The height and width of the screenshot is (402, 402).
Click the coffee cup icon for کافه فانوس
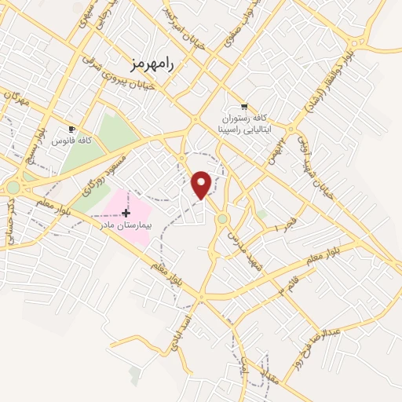click(x=72, y=129)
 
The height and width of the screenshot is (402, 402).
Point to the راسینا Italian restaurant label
click(x=243, y=122)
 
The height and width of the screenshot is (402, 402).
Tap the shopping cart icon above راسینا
click(x=244, y=107)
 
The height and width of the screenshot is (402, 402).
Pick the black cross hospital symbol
click(x=126, y=213)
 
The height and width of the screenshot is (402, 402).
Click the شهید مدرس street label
click(x=242, y=236)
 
